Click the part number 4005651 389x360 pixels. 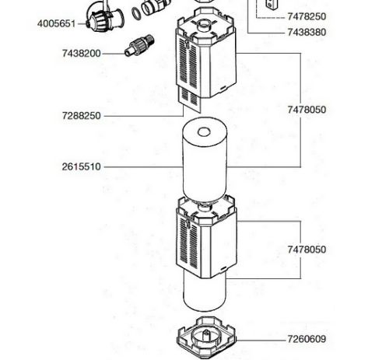(56, 24)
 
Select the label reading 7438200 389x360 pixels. (81, 54)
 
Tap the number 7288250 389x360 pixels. (81, 116)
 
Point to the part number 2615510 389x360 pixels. (81, 166)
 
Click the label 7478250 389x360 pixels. (307, 16)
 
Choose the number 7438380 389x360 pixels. (307, 33)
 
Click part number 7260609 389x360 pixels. (307, 339)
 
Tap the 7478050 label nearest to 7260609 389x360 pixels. (307, 250)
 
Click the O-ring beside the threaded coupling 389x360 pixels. (136, 13)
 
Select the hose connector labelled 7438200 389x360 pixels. (139, 45)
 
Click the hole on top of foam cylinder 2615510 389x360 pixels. (204, 132)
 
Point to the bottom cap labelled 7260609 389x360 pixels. (207, 337)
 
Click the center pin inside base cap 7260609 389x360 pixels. (207, 334)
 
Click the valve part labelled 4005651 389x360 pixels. (103, 16)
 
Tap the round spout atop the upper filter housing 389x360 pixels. (204, 26)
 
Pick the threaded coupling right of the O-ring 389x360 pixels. (156, 6)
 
